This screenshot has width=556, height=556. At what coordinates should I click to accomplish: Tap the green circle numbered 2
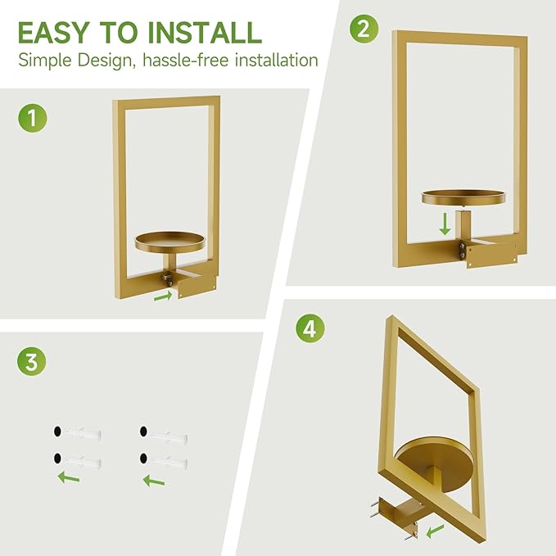pos(365,30)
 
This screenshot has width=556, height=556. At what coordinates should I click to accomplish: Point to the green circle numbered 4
pos(309,329)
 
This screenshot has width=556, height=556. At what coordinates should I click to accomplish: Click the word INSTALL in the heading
pos(205,32)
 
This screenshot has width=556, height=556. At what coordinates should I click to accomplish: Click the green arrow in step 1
pos(163,296)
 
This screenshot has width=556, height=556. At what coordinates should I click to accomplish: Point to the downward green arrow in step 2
pos(445,223)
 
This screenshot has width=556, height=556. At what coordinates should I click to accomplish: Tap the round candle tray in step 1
pos(171,241)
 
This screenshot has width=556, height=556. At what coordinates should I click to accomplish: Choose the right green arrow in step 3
pos(154,480)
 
